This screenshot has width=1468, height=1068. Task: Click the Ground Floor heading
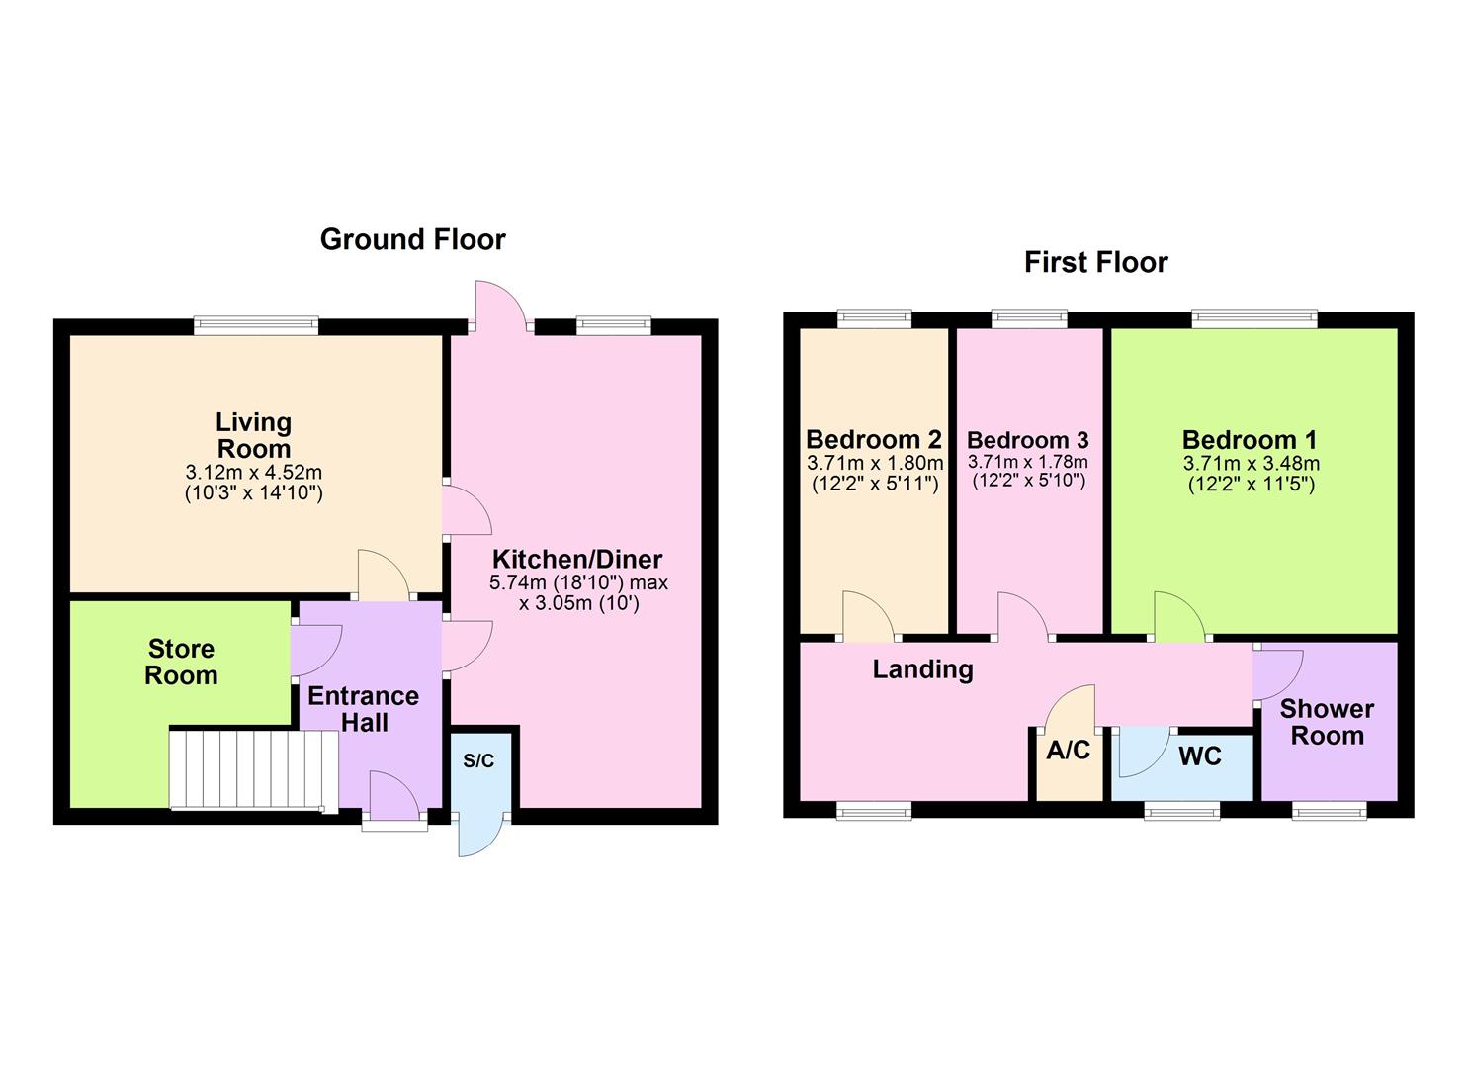coord(412,239)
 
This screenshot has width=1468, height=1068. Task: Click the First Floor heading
coord(1095,262)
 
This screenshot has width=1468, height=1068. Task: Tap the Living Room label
coord(254,435)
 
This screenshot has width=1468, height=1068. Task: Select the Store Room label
coord(181,663)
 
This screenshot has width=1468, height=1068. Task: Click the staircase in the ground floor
coord(247,768)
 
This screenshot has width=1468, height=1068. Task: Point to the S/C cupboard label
coord(478,761)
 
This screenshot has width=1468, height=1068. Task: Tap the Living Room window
coord(256,325)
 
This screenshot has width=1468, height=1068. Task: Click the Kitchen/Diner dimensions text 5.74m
coord(578,583)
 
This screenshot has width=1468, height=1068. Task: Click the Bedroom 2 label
coord(873,439)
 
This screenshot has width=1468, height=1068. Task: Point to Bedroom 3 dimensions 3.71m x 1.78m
coord(1027,462)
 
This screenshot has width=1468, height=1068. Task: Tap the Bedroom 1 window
coord(1253,317)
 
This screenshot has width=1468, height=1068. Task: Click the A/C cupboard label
coord(1068,751)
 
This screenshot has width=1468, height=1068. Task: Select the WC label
coord(1199,756)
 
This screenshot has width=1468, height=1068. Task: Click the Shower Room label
coord(1327,722)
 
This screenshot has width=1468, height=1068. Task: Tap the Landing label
coord(922,669)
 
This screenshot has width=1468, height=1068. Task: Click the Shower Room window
coord(1330,811)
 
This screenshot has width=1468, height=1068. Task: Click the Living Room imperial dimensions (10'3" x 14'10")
coord(254,492)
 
